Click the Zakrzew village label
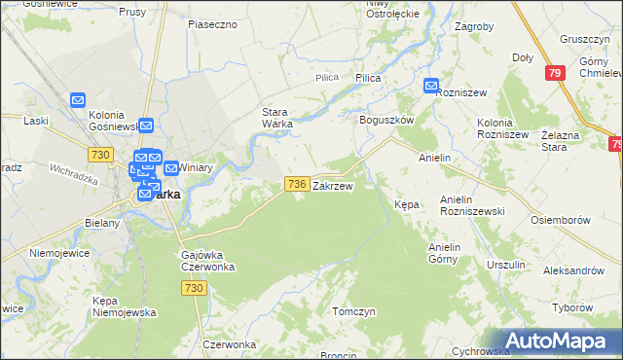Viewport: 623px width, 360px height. [x=332, y=185]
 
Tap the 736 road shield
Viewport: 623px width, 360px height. [x=298, y=184]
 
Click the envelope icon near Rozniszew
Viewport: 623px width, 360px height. [x=432, y=87]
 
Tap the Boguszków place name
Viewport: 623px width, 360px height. [x=387, y=120]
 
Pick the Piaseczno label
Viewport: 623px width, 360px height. [x=213, y=23]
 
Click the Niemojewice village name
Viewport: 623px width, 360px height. [x=60, y=253]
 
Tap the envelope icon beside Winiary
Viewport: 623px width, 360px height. [x=171, y=167]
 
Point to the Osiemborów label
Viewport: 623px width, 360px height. [x=561, y=220]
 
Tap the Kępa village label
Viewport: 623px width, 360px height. [x=406, y=205]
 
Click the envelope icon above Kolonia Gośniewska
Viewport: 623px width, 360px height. [x=80, y=99]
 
